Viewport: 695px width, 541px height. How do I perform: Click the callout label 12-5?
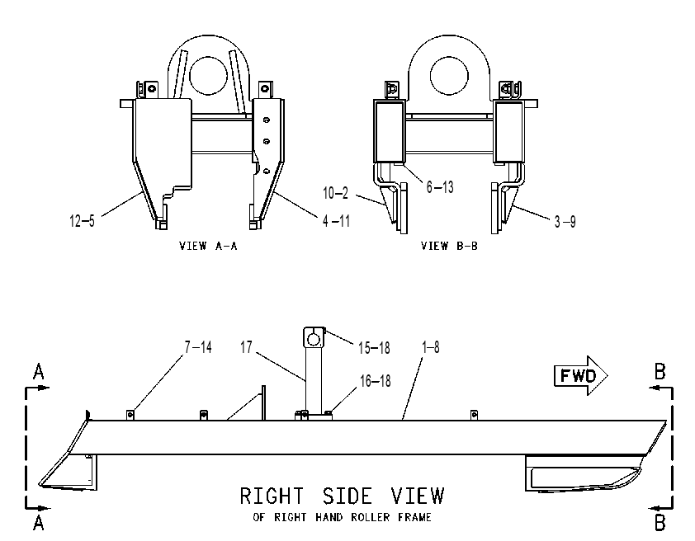coord(82,220)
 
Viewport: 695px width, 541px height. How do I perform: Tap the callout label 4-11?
coord(337,220)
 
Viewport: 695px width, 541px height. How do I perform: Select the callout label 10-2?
coord(336,193)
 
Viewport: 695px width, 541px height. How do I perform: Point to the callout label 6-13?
coord(440,187)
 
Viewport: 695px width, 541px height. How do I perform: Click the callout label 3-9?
coord(565,221)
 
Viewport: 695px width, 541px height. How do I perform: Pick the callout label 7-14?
coord(198,347)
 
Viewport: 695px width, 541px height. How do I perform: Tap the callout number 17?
coord(247,347)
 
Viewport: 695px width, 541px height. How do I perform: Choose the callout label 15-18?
coord(374,348)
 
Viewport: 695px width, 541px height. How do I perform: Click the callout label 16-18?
coord(375,381)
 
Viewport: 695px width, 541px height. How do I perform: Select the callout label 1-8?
coord(430,347)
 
